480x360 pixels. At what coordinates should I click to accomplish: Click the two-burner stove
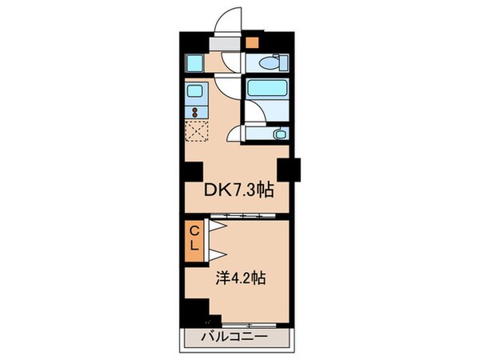pyautogui.click(x=196, y=109)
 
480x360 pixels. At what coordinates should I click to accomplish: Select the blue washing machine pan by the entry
pyautogui.click(x=194, y=62)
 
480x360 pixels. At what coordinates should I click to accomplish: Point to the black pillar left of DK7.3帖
pyautogui.click(x=193, y=170)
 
